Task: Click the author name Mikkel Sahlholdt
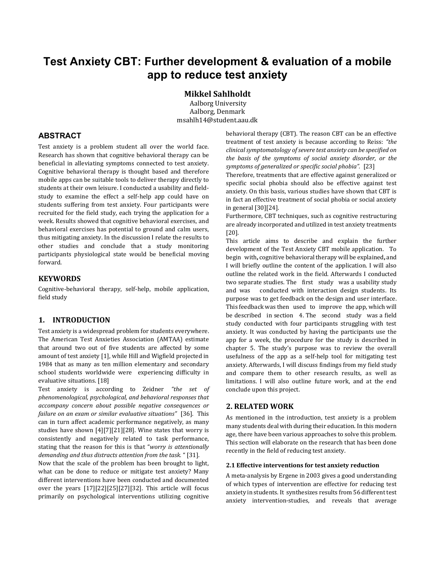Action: pyautogui.click(x=217, y=94)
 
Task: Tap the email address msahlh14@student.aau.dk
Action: pyautogui.click(x=217, y=120)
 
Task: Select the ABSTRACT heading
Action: pyautogui.click(x=60, y=136)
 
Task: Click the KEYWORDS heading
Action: pyautogui.click(x=59, y=278)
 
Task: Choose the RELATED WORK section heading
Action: pyautogui.click(x=260, y=407)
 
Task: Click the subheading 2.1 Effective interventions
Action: pyautogui.click(x=302, y=465)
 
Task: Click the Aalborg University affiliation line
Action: pyautogui.click(x=218, y=103)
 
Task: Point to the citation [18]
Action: pyautogui.click(x=103, y=381)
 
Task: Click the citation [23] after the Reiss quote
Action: pyautogui.click(x=369, y=166)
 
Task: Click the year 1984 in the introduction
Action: pyautogui.click(x=45, y=364)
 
